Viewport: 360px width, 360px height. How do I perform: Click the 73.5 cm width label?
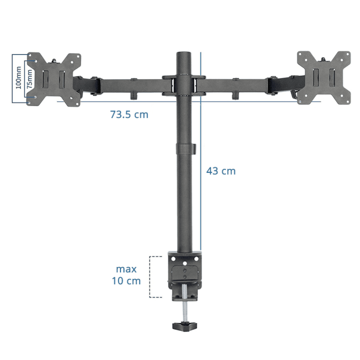129,114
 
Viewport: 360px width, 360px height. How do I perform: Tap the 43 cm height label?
221,171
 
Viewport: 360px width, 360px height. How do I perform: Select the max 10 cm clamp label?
126,275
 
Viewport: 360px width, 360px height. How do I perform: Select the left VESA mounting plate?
54,79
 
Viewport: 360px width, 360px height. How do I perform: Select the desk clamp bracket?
185,271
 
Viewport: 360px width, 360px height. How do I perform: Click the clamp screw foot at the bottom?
185,327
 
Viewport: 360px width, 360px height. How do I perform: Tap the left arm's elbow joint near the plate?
94,85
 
